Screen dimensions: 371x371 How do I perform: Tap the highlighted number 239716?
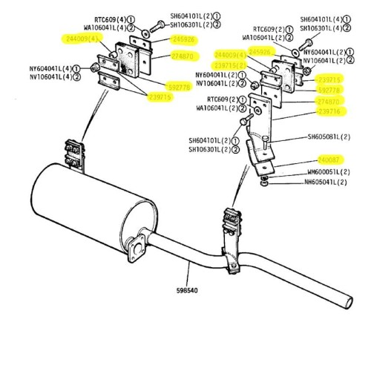coord(329,111)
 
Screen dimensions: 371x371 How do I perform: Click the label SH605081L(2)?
coord(329,137)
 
